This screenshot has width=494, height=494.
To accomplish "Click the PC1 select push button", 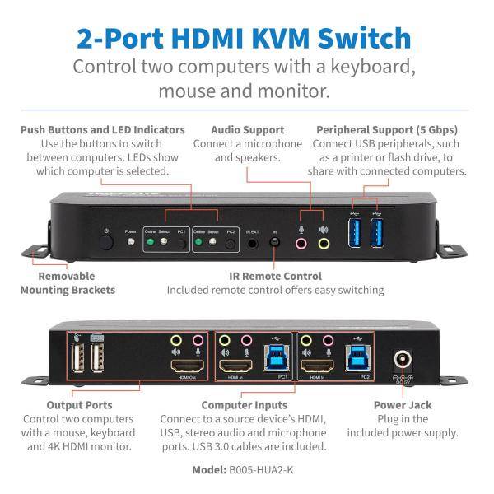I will pyautogui.click(x=180, y=245).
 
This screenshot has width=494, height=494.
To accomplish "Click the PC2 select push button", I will pyautogui.click(x=230, y=245).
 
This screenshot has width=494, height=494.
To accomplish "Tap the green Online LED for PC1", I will pyautogui.click(x=151, y=244).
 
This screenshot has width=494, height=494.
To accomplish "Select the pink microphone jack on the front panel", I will pyautogui.click(x=301, y=244).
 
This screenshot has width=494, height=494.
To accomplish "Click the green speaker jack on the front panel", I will pyautogui.click(x=323, y=244).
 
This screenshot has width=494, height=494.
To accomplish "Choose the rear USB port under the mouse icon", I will pyautogui.click(x=76, y=360).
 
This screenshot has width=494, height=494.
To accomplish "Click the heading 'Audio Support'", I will pyautogui.click(x=247, y=129).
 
